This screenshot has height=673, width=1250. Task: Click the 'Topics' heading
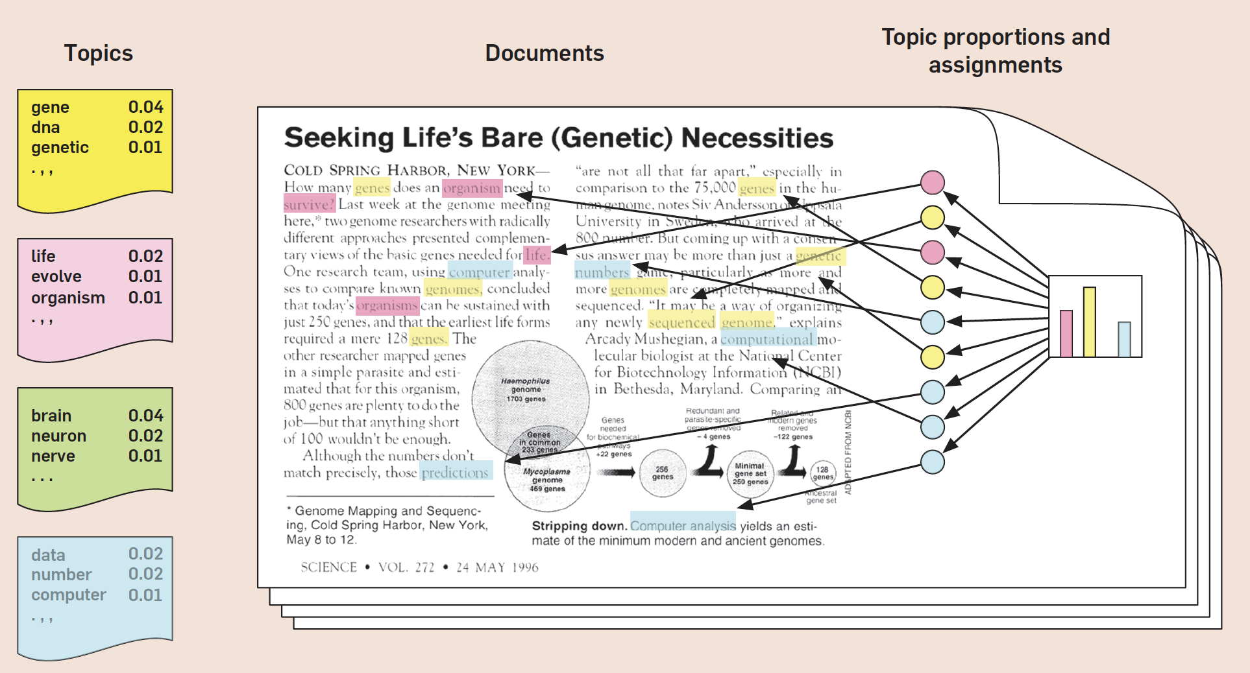tap(98, 53)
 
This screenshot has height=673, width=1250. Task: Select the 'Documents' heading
tap(544, 53)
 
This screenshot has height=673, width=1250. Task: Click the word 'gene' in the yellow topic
tap(50, 107)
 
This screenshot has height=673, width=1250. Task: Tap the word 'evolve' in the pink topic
tap(56, 276)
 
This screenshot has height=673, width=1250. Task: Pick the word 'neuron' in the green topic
tap(58, 436)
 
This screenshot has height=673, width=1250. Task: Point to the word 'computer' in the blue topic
tap(68, 595)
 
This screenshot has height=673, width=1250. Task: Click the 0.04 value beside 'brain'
tap(145, 416)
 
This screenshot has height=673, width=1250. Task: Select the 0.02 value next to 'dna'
tap(145, 127)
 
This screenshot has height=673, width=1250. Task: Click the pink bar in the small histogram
tap(1066, 333)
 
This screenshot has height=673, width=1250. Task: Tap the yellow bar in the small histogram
tap(1090, 322)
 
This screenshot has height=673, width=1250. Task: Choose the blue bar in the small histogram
tap(1124, 339)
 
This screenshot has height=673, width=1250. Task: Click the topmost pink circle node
tap(933, 182)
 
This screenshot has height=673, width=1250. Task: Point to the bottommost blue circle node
tap(933, 462)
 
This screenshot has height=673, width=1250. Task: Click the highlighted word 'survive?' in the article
tap(309, 204)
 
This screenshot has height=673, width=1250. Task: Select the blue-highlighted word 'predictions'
tap(455, 472)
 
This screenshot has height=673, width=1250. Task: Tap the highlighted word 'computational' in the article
tap(766, 339)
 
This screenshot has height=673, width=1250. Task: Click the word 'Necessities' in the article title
tap(757, 138)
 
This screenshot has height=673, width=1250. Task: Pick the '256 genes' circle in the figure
tap(662, 473)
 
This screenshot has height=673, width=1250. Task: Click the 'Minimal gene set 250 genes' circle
tap(750, 474)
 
